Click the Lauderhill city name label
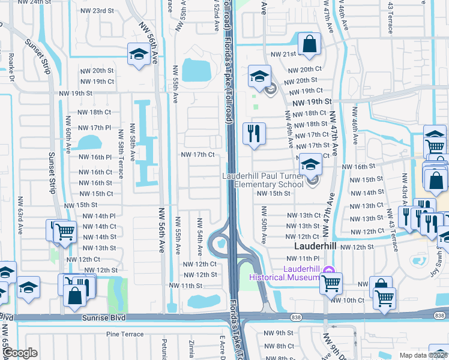[316, 247]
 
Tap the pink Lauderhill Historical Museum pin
[328, 271]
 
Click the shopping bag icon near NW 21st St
[309, 44]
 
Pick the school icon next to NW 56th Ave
[139, 55]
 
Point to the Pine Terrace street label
[124, 334]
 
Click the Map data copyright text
[423, 355]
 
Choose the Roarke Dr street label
[11, 67]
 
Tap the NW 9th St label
[281, 332]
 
